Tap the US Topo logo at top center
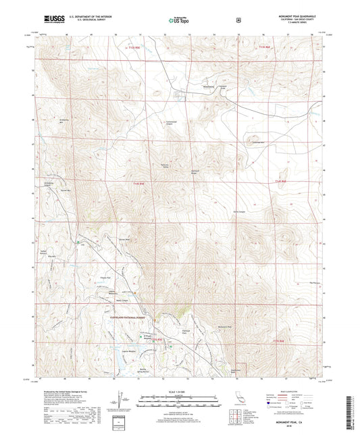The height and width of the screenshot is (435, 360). point(179,21)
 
